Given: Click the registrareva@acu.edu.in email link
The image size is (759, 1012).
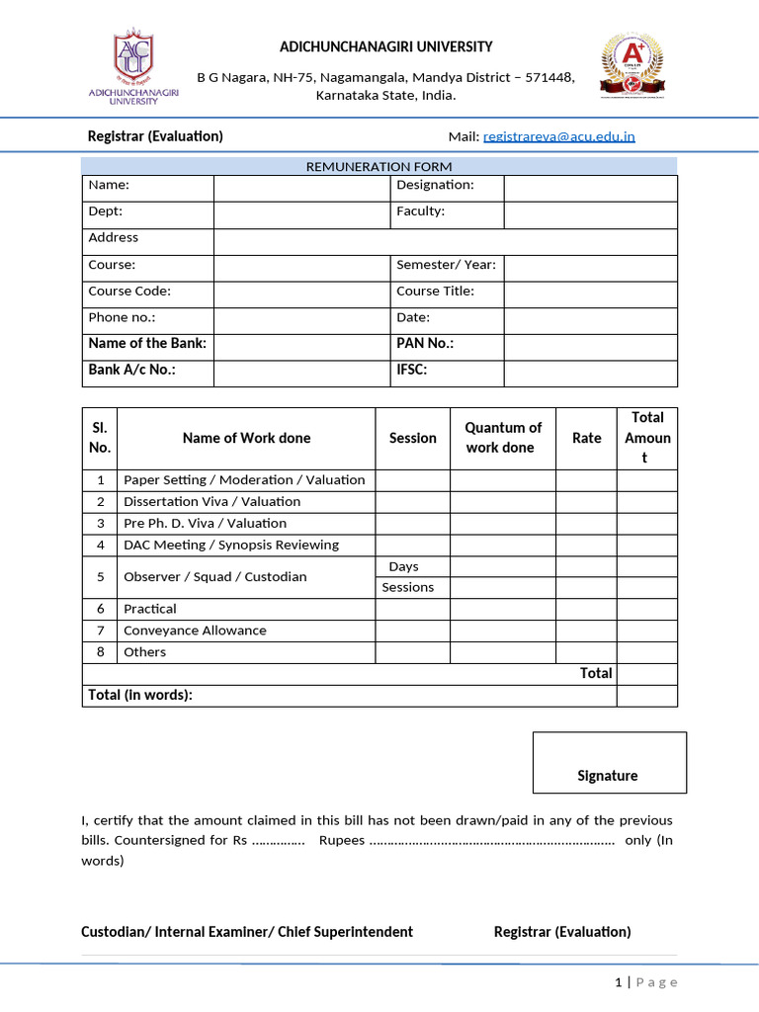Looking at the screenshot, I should (x=559, y=136).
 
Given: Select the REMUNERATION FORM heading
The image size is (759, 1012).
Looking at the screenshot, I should (x=379, y=166).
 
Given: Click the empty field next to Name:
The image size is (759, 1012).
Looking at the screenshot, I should (x=302, y=188).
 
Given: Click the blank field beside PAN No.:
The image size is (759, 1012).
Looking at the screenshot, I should (x=590, y=346).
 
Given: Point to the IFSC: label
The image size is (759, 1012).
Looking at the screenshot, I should (x=412, y=371).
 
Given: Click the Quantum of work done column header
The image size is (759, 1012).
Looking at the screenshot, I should (x=503, y=438).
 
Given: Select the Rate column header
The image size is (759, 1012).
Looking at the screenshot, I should (x=586, y=438).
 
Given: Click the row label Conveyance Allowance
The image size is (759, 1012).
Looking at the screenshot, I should (x=195, y=631).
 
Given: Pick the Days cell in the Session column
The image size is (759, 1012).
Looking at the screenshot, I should (x=403, y=566).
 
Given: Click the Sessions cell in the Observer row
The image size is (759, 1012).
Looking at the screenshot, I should (x=408, y=587).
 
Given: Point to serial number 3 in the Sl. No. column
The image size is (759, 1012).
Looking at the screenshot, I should (x=100, y=523).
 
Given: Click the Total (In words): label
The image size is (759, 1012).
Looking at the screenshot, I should (x=140, y=695).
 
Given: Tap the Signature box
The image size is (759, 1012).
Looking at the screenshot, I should (x=609, y=762).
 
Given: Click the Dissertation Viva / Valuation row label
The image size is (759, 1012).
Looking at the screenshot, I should (x=205, y=501).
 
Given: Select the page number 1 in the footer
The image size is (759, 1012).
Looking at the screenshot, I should (x=619, y=981).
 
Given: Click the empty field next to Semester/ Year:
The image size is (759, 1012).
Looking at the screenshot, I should (x=590, y=267).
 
